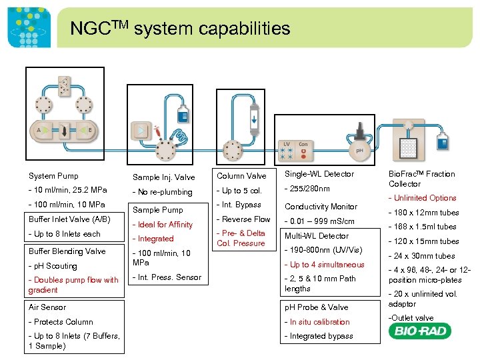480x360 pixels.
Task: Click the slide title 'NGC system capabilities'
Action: (x=180, y=29)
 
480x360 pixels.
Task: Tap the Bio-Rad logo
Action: (x=422, y=331)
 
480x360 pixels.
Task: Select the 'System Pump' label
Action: (x=53, y=176)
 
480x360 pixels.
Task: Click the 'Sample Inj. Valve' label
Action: (x=163, y=177)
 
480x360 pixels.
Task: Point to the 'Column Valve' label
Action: (x=241, y=176)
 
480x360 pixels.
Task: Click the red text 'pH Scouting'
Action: (x=53, y=266)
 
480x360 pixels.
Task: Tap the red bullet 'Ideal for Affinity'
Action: (x=163, y=225)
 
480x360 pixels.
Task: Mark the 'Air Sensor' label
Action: (x=47, y=307)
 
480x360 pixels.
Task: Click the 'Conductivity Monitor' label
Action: (x=321, y=207)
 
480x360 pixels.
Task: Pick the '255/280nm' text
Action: (x=307, y=189)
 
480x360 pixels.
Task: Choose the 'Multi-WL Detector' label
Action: (x=317, y=236)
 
